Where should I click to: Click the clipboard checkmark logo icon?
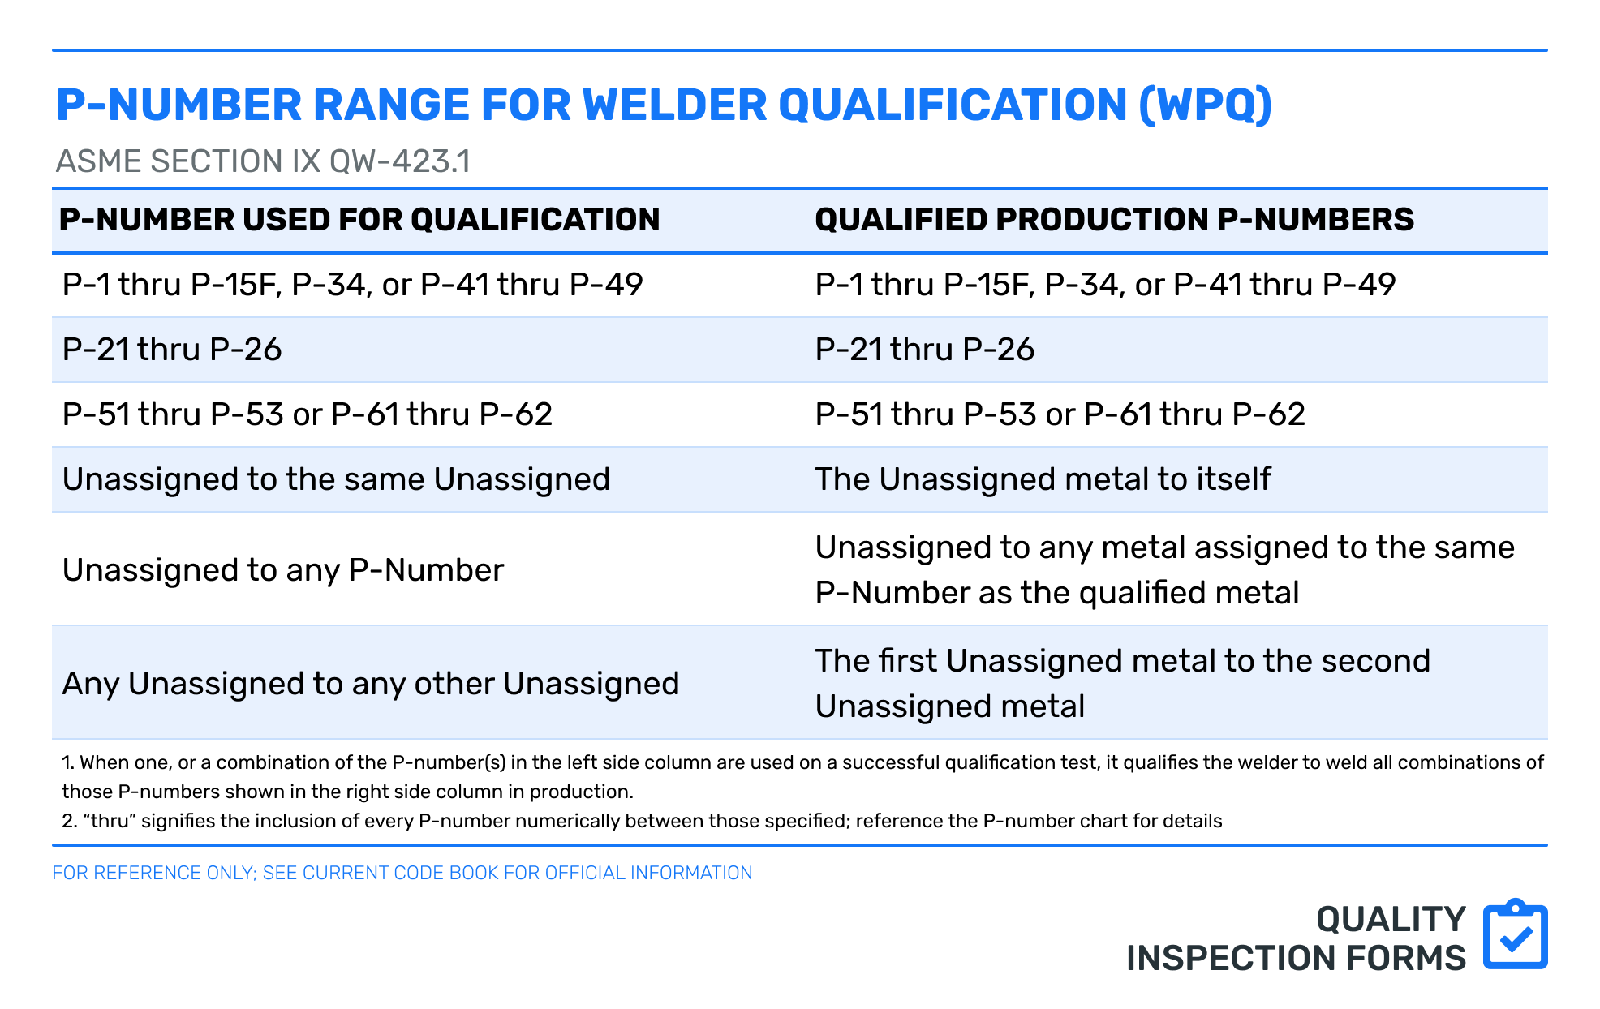point(1515,934)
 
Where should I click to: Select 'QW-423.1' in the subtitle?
point(400,161)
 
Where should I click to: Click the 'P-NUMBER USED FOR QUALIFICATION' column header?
point(359,220)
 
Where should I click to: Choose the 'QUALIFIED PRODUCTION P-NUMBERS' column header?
point(1114,220)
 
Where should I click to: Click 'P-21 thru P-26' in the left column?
point(172,350)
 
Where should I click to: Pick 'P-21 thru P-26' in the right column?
point(925,350)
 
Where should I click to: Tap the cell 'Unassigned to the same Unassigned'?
point(336,479)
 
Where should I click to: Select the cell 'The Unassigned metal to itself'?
point(1043,479)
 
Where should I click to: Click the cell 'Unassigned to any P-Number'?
point(283,570)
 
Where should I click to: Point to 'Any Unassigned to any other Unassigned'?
point(371,684)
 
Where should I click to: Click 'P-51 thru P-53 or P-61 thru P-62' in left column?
point(308,414)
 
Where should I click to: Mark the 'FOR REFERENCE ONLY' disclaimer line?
point(402,873)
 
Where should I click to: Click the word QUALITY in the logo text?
point(1391,920)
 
